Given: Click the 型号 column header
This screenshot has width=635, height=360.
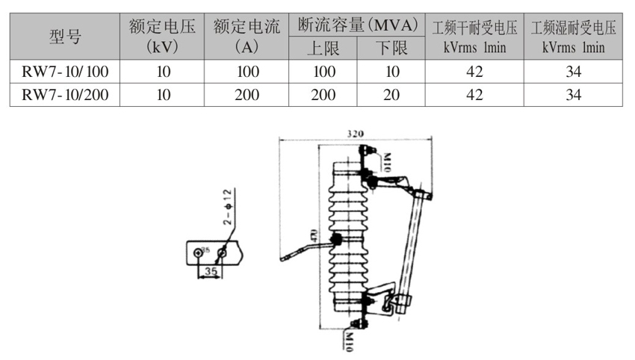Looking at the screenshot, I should pos(65,36).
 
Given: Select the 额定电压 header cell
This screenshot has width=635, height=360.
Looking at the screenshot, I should pos(161,36).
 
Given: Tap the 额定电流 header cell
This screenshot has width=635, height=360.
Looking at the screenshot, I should pos(247,36).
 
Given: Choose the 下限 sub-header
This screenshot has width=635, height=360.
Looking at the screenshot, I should pos(391,49).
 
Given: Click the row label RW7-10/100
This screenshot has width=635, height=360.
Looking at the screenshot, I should pos(65,72).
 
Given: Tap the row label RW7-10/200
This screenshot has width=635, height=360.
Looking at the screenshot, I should pos(65,95).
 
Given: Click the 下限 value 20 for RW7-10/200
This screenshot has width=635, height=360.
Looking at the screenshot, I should pos(391,95).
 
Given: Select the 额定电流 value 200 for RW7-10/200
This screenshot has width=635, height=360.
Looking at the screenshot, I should pos(247,95).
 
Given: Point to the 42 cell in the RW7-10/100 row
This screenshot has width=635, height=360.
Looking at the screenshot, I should pos(474,72).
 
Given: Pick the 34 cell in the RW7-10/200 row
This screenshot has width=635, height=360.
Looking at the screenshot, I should pos(574,95).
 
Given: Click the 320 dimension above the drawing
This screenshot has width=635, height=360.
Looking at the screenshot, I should pos(355,133).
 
